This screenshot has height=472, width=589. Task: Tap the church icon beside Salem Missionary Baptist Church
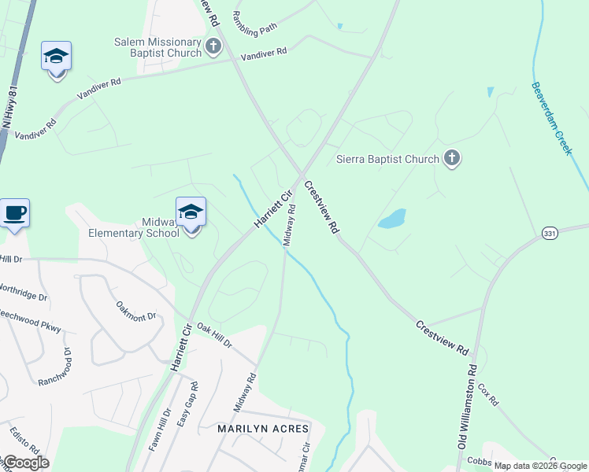pyautogui.click(x=213, y=46)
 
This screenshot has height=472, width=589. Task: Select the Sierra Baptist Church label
pyautogui.click(x=387, y=159)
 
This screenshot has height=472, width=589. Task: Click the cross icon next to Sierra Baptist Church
pyautogui.click(x=451, y=159)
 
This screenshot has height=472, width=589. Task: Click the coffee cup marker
pyautogui.click(x=15, y=213)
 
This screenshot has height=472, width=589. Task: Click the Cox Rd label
pyautogui.click(x=488, y=396)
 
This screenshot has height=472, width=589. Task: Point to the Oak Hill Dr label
pyautogui.click(x=214, y=335)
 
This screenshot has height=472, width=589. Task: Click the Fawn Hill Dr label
pyautogui.click(x=159, y=429)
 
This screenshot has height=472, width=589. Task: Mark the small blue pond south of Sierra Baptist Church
pyautogui.click(x=392, y=219)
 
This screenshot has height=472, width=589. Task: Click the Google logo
pyautogui.click(x=26, y=462)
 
